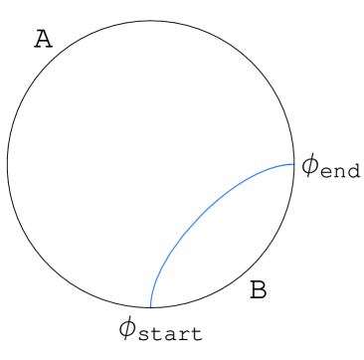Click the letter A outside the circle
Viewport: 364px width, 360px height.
[x=43, y=39]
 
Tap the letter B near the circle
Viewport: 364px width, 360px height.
[x=258, y=290]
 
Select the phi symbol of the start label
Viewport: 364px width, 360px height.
[x=127, y=327]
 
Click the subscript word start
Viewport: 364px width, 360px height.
[x=170, y=334]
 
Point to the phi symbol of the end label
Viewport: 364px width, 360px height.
[x=311, y=166]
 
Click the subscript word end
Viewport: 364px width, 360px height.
[x=341, y=172]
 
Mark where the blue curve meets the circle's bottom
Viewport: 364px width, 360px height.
[x=150, y=307]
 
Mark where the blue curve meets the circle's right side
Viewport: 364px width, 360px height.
[x=294, y=164]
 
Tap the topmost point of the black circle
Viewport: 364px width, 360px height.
[x=150, y=20]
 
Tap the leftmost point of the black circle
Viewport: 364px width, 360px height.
[x=7, y=164]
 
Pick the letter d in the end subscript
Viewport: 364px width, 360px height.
[x=353, y=171]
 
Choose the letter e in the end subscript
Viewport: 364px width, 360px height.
[x=329, y=173]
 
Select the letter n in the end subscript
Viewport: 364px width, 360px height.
[x=341, y=173]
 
